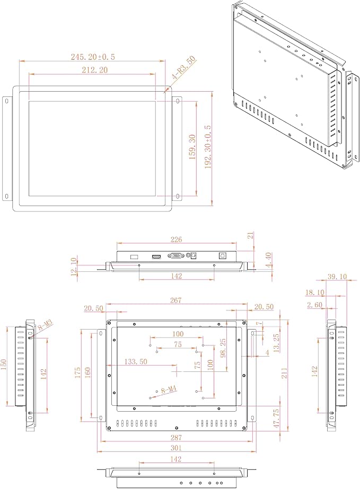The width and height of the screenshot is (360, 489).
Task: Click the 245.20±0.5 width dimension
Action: (x=93, y=57)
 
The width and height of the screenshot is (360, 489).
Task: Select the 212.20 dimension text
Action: (x=94, y=70)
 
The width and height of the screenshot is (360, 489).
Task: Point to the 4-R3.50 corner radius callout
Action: (x=183, y=67)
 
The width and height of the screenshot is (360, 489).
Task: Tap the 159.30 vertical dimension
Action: (x=192, y=147)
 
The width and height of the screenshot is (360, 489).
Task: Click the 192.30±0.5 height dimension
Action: (x=208, y=147)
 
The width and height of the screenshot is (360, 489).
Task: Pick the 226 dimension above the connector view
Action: (x=176, y=239)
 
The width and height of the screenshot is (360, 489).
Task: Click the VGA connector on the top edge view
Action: (x=177, y=255)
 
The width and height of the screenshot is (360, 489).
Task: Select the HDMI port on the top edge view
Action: (x=156, y=256)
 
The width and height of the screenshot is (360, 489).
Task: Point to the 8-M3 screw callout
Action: (x=45, y=326)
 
